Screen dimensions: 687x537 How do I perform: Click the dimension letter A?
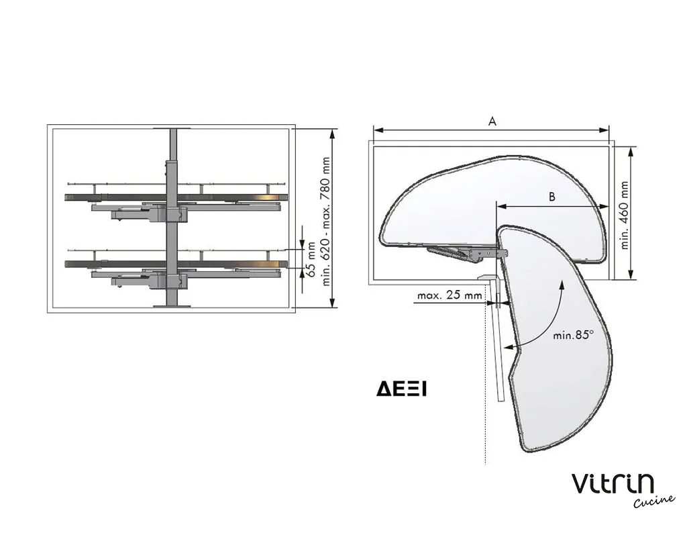click(x=492, y=121)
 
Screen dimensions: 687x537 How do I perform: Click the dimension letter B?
click(x=552, y=197)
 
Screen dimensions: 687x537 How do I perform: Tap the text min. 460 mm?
click(x=625, y=215)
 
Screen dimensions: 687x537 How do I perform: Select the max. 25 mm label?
click(x=450, y=295)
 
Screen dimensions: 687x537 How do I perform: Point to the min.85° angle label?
click(x=573, y=336)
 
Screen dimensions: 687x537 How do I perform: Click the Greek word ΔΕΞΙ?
click(x=401, y=389)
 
